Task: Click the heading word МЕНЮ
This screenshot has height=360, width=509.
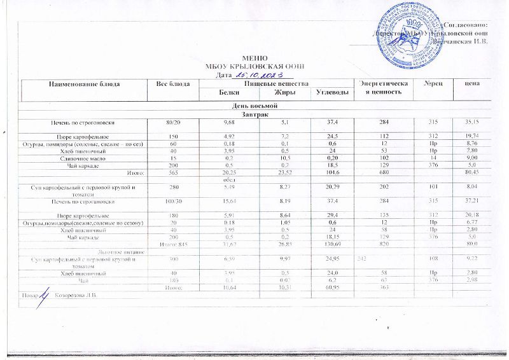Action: tap(253, 58)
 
